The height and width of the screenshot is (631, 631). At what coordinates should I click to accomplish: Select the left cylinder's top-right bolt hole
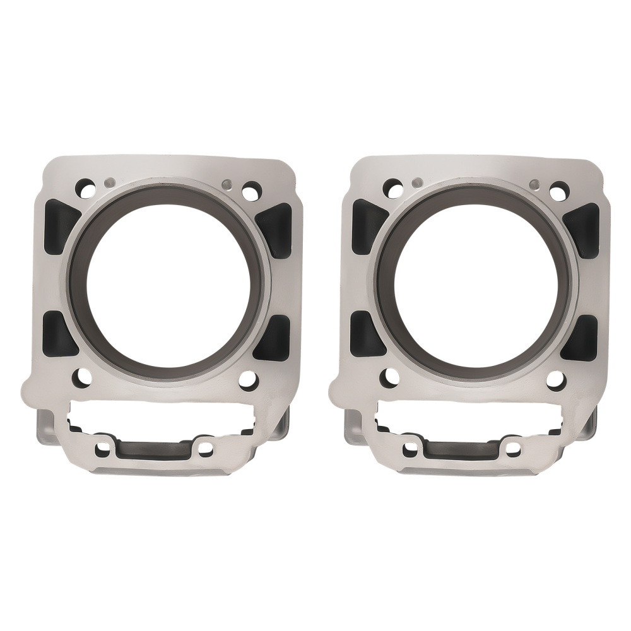tap(251, 189)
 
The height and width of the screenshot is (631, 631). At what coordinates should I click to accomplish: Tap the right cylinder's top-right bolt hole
tap(558, 189)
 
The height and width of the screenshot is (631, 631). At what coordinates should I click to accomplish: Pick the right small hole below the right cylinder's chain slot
tap(512, 449)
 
